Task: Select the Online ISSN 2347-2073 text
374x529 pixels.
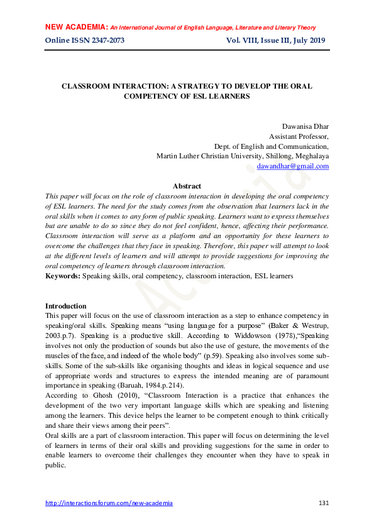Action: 85,41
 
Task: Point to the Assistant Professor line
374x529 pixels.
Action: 299,136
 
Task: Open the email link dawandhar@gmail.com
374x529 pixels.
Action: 293,166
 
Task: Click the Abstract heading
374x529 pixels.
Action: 187,186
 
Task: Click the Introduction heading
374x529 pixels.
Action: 66,306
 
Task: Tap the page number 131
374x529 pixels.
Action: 324,503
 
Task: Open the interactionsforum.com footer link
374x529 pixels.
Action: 109,503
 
